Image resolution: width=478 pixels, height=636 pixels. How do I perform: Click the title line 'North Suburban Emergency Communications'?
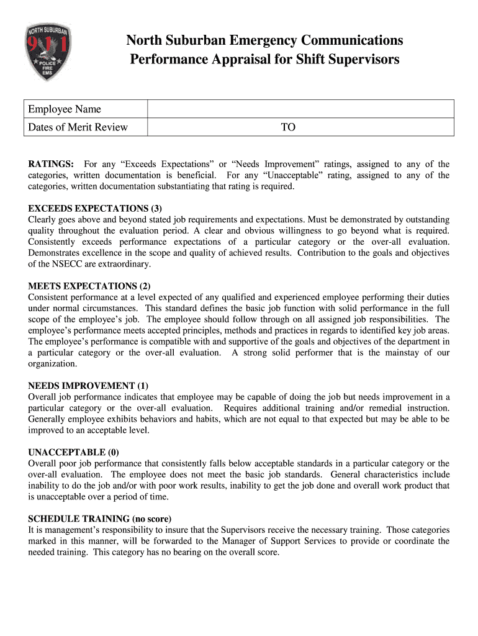[x=264, y=41]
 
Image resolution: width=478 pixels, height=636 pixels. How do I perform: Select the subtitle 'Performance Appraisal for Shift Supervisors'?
[x=264, y=60]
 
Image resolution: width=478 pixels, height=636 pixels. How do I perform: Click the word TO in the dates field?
[x=288, y=127]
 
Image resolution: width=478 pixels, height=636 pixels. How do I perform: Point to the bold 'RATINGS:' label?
[x=52, y=164]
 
